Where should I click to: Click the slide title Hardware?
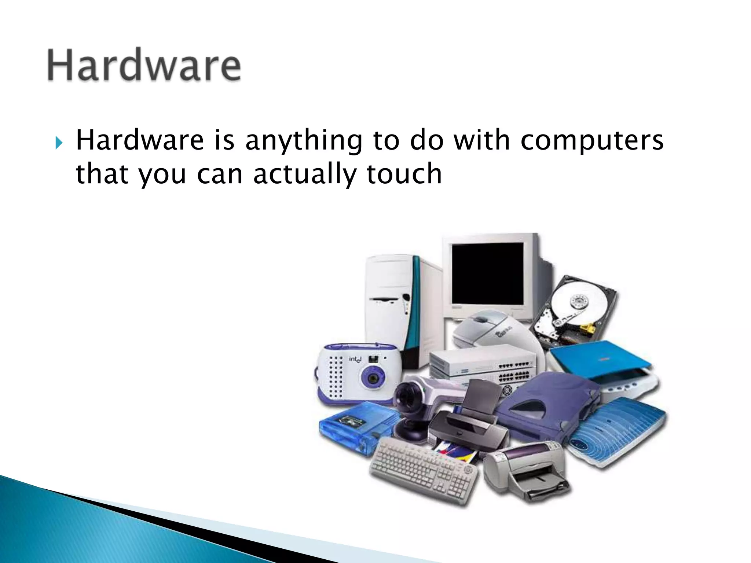pyautogui.click(x=144, y=65)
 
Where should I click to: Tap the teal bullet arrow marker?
pyautogui.click(x=59, y=143)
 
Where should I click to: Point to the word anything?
pyautogui.click(x=303, y=141)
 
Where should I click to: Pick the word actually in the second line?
pyautogui.click(x=304, y=174)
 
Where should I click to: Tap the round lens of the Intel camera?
pyautogui.click(x=373, y=377)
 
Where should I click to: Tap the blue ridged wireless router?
pyautogui.click(x=620, y=429)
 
